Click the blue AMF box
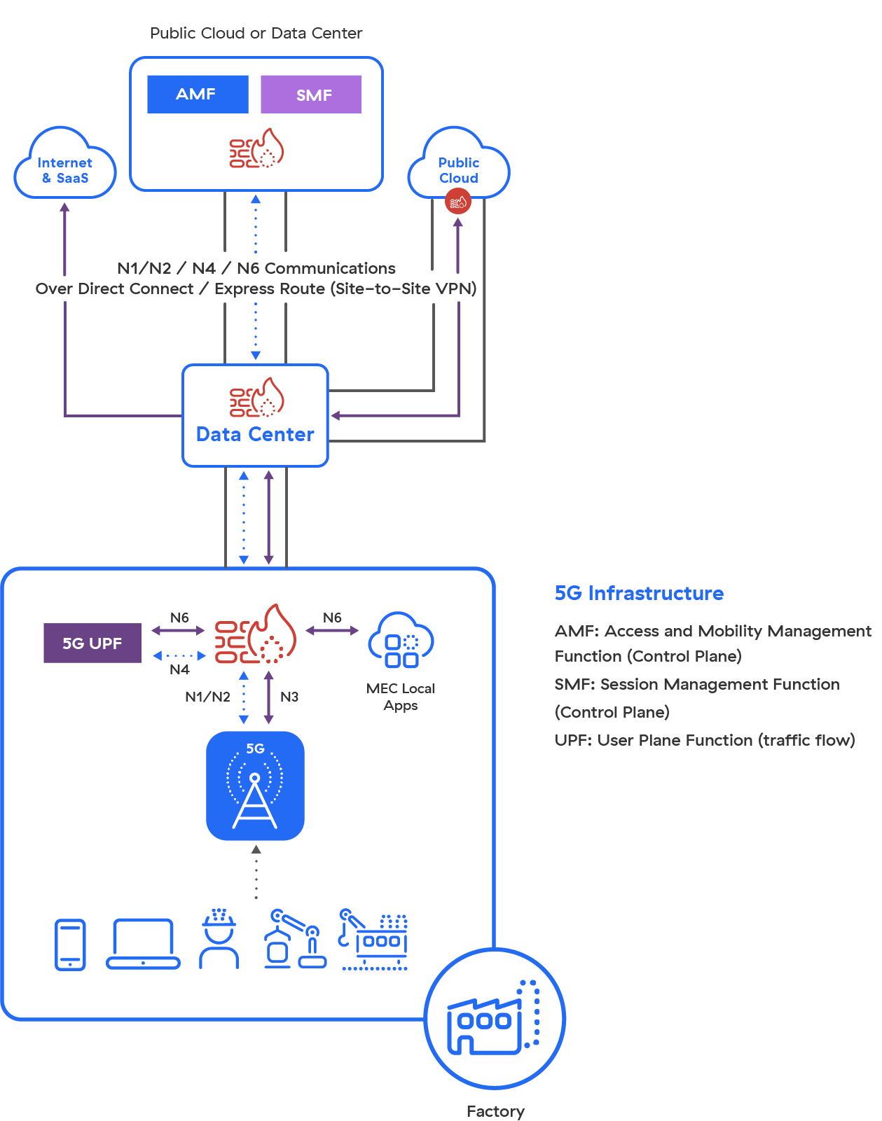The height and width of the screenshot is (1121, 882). click(198, 94)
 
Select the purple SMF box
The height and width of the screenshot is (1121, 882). click(311, 95)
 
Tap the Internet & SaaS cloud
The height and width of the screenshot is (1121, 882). click(65, 168)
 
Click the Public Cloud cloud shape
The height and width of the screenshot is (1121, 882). click(459, 167)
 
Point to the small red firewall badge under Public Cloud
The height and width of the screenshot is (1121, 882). click(458, 202)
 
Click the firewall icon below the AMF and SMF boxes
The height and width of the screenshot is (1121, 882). click(256, 149)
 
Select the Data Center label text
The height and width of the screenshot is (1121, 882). click(255, 435)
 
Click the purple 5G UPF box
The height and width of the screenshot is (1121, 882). click(92, 643)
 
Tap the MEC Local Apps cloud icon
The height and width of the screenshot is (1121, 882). click(401, 640)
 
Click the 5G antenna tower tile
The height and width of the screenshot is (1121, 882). click(255, 786)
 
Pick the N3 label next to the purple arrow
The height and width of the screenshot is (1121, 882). click(289, 697)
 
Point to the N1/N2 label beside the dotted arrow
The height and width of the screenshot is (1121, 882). click(207, 697)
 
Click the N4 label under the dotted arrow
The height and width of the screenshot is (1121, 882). click(179, 669)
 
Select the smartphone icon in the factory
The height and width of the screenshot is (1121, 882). click(70, 945)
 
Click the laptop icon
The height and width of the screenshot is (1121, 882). click(143, 944)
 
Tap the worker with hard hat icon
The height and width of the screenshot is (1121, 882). click(219, 940)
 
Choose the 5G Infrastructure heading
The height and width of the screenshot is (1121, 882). click(639, 594)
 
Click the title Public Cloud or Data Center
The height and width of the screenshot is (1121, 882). click(256, 33)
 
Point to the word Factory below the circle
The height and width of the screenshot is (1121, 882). click(495, 1111)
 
